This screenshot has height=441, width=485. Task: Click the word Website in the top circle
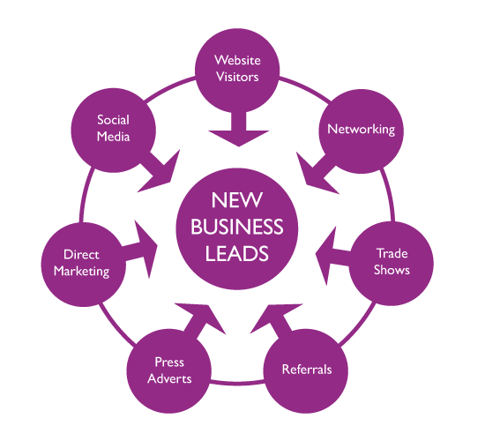(x=237, y=60)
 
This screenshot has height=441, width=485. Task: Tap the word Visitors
(x=237, y=77)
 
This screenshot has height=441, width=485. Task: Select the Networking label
(x=362, y=130)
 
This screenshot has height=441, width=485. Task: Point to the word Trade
(x=392, y=253)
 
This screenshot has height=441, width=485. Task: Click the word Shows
(x=392, y=270)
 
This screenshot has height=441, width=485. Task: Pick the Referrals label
(x=307, y=370)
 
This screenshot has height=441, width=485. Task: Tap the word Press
(x=169, y=363)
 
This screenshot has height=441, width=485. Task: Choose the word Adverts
(x=169, y=378)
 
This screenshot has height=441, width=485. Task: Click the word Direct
(x=81, y=254)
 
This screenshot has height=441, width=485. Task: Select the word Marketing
(x=82, y=272)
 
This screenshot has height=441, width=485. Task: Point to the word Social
(x=113, y=120)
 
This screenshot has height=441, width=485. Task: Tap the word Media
(x=113, y=137)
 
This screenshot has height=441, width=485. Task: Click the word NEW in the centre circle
(x=237, y=200)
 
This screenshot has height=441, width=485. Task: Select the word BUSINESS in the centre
(x=237, y=227)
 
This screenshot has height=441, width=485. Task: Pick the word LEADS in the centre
(x=237, y=254)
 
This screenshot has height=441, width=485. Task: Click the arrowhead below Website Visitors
(x=238, y=138)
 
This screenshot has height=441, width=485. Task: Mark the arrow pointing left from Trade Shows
(x=332, y=255)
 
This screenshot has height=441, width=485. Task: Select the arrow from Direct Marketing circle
(x=139, y=250)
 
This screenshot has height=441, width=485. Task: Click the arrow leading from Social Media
(x=159, y=171)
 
